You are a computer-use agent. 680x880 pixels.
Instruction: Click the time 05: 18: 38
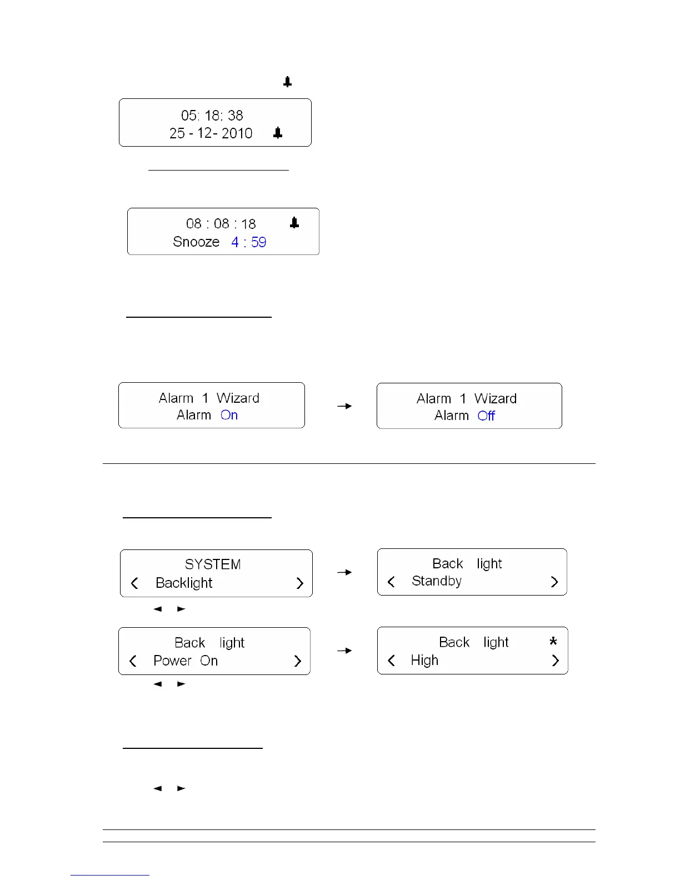[212, 116]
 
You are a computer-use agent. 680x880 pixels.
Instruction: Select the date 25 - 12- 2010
[211, 133]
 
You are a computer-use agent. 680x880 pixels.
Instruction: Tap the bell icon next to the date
[278, 133]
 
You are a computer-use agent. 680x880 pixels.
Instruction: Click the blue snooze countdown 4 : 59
[249, 242]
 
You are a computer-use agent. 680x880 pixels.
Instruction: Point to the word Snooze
[196, 242]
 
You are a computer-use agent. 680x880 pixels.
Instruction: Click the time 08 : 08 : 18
[221, 224]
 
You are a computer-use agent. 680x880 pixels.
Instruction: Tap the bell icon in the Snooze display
[294, 223]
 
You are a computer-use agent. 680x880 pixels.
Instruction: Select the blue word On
[229, 416]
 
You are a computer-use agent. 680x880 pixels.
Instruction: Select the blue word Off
[486, 416]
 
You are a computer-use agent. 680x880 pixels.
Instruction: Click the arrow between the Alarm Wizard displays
[344, 406]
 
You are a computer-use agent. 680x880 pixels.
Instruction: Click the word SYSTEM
[213, 564]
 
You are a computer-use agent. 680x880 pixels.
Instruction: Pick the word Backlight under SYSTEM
[184, 583]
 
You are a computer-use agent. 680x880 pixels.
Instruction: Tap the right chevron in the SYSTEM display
[300, 583]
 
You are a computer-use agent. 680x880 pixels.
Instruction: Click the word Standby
[437, 581]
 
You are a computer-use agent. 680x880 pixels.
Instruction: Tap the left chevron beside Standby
[391, 582]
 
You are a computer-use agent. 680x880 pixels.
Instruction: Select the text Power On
[186, 661]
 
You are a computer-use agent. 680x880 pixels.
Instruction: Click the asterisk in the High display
[553, 642]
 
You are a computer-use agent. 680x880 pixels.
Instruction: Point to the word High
[424, 661]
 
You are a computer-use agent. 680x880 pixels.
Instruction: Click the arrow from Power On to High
[344, 651]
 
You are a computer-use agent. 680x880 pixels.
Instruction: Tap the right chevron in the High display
[555, 661]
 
